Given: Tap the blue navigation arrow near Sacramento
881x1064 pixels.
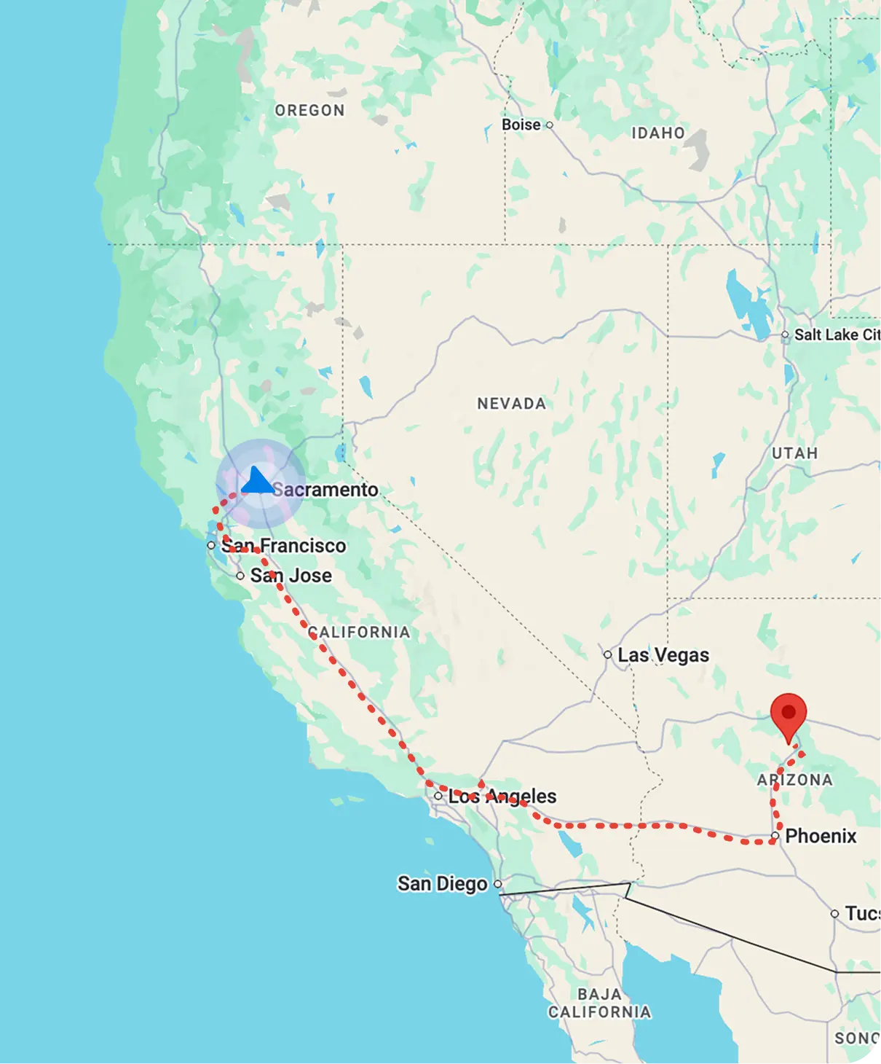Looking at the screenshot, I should pos(256,481).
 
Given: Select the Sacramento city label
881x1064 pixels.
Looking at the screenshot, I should pos(325,490).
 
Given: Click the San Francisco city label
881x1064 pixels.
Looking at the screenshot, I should pos(283,546).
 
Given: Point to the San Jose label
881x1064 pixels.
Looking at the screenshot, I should pos(291,576).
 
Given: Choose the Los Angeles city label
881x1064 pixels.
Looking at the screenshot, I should pos(502,797).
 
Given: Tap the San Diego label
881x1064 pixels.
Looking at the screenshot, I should pos(442,884).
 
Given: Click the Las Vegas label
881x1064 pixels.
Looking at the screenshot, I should pos(663,655).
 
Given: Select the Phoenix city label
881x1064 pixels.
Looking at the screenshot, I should pos(821,836).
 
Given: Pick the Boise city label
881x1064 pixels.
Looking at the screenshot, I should pos(521,125).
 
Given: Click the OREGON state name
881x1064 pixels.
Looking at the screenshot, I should pos(309,111).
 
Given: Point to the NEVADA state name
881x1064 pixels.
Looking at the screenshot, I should pos(511,404).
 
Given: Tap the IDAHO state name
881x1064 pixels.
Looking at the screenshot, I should pos(657,133).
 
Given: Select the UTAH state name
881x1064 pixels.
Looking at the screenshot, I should pos(794,453).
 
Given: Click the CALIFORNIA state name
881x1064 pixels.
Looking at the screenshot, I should pos(359,632).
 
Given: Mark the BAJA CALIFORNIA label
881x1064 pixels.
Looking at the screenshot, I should pos(599,1004).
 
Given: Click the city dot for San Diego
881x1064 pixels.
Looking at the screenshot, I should pos(498,884).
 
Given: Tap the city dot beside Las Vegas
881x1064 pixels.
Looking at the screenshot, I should pos(607,654).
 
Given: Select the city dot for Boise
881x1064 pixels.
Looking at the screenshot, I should pos(550,125).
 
